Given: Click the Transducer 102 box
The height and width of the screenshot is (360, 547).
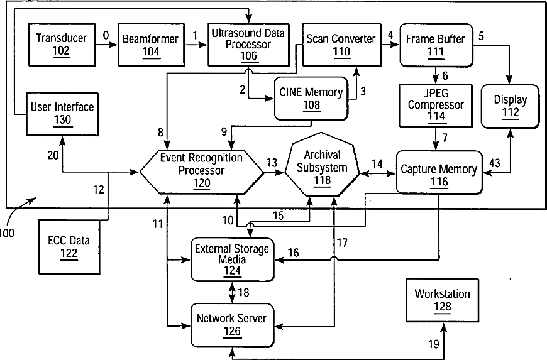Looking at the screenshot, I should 60,44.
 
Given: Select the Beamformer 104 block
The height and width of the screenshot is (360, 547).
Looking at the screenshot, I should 150,45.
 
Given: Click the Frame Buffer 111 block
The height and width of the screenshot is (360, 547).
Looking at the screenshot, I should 436,45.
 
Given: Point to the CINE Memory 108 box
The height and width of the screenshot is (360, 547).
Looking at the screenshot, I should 311,99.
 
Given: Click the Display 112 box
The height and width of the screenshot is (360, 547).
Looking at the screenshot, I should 510,105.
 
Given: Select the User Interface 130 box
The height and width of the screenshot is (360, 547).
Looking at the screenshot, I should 62,113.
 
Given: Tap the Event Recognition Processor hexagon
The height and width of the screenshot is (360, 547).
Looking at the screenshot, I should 201,170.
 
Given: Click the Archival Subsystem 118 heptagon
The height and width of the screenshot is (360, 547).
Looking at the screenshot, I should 321,168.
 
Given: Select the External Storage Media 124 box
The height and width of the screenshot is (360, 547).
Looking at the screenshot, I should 232,259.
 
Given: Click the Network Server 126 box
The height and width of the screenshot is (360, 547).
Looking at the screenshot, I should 232,324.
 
